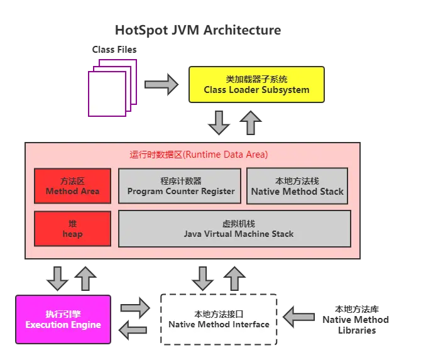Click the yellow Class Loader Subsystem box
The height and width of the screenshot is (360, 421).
pyautogui.click(x=256, y=85)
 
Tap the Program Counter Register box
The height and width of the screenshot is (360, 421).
pyautogui.click(x=180, y=186)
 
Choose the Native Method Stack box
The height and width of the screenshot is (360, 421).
pyautogui.click(x=297, y=186)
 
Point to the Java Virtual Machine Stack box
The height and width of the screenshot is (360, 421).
pyautogui.click(x=238, y=229)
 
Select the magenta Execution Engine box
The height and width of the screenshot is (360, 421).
pyautogui.click(x=63, y=320)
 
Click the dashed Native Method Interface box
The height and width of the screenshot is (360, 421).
pyautogui.click(x=219, y=319)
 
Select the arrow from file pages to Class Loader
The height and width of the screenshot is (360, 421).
pyautogui.click(x=161, y=85)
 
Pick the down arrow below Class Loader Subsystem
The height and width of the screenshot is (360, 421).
pyautogui.click(x=219, y=122)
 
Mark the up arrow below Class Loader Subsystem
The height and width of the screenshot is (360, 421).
pyautogui.click(x=251, y=122)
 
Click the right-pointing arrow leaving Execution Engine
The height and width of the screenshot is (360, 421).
pyautogui.click(x=134, y=307)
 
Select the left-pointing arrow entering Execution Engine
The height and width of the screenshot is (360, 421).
pyautogui.click(x=134, y=330)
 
